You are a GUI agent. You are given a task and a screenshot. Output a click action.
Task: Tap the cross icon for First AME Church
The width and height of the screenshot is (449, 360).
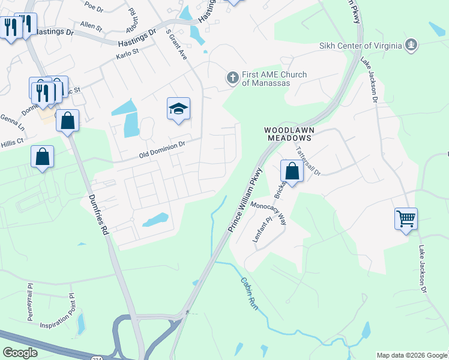tap(232, 77)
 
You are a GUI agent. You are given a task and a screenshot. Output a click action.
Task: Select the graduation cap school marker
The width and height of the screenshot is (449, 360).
tap(178, 109)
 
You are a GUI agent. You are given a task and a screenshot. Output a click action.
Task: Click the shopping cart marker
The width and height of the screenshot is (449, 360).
tap(406, 218)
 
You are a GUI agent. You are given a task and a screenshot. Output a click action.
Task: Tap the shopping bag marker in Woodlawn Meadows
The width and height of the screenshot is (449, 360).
tap(292, 172)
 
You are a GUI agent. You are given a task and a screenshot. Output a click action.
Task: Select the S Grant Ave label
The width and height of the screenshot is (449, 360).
tap(176, 44)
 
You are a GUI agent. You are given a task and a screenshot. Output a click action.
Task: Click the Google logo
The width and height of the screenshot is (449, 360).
tap(20, 352)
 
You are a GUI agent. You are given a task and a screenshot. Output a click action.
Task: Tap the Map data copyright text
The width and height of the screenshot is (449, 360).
tap(411, 355)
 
